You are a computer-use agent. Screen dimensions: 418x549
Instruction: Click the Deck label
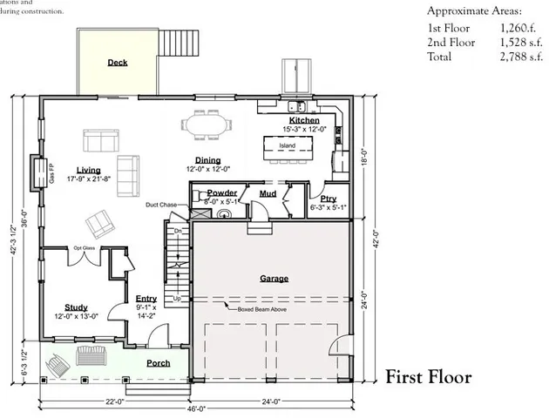pos(118,63)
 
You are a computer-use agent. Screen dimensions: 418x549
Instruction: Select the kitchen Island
pos(288,145)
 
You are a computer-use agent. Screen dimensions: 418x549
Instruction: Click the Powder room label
pos(223,192)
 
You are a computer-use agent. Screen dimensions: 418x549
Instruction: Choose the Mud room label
pos(268,193)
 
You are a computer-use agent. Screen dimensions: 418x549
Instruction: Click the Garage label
pos(274,279)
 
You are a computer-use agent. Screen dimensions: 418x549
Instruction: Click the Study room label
pos(76,307)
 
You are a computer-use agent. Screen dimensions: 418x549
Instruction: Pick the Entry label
pos(146,299)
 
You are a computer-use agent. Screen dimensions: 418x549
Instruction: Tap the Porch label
pos(158,363)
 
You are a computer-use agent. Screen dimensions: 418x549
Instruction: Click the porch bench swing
pos(91,355)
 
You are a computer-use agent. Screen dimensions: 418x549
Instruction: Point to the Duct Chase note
pos(162,205)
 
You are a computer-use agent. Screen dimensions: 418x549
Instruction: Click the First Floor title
pos(429,377)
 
